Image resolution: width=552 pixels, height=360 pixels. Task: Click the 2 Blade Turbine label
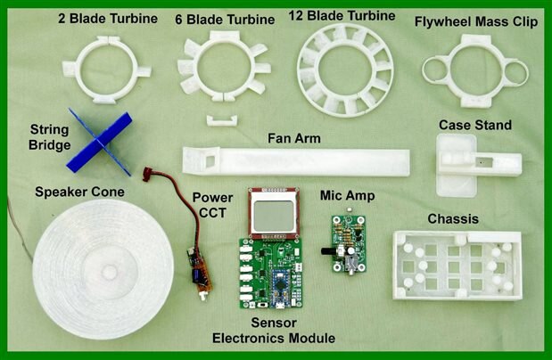[108, 19]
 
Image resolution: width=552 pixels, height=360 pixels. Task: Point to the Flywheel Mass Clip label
[476, 21]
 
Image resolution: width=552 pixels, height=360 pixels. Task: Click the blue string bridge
[100, 142]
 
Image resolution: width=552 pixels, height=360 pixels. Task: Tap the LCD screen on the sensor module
[274, 216]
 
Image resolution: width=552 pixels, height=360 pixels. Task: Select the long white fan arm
[296, 162]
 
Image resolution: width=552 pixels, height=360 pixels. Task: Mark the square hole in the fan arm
[210, 161]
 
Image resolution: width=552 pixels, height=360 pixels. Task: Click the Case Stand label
[475, 125]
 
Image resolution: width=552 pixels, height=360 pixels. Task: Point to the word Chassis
[453, 219]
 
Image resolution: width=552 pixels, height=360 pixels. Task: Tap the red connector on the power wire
[147, 174]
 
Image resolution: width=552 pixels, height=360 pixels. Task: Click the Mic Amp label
[348, 196]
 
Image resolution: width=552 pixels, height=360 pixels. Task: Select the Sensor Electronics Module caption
[274, 331]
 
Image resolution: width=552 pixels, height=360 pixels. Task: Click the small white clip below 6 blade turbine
[222, 120]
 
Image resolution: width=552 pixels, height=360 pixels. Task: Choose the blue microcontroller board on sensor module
[281, 288]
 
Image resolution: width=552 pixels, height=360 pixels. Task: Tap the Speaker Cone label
[79, 192]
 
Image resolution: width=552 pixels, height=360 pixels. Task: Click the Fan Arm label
[294, 138]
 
